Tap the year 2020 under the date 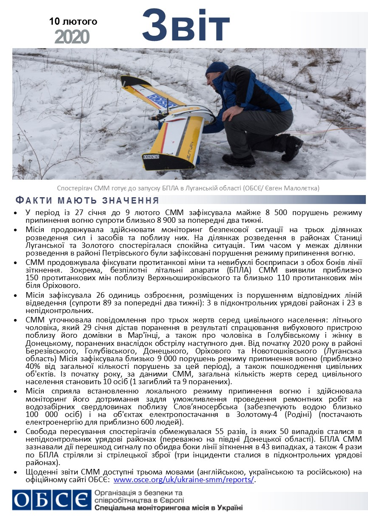point(72,37)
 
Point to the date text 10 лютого point(73,21)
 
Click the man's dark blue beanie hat point(217,68)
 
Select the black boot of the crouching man point(239,160)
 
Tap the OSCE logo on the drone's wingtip point(151,157)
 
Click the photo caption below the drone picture point(188,188)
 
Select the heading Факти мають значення point(87,201)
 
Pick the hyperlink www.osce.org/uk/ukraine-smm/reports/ point(183,480)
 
